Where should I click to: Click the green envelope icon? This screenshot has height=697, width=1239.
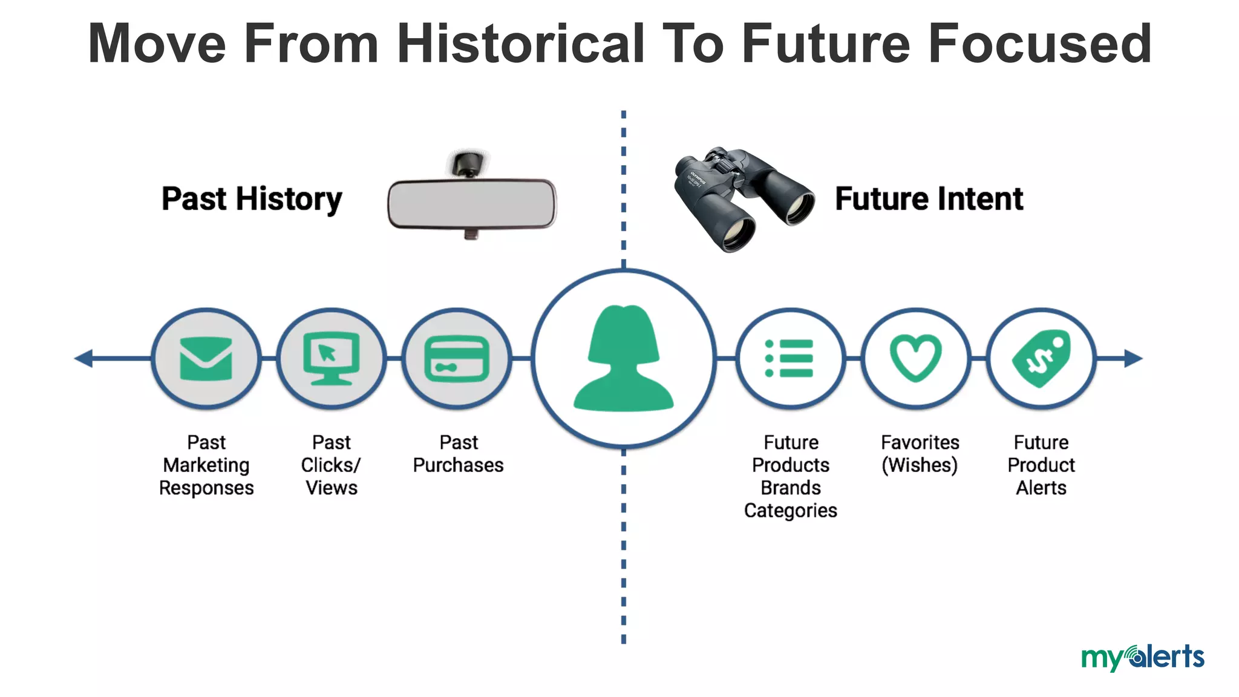pos(206,359)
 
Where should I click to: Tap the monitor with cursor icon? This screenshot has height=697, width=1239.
pos(332,358)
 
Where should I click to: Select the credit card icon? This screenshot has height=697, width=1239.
pos(457,359)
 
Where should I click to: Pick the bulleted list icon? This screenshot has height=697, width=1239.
pos(789,359)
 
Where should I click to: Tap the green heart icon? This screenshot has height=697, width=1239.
pos(915,359)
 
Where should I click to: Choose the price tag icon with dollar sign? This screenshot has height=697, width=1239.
pos(1041,359)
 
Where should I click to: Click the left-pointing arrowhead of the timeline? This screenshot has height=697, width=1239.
pos(84,358)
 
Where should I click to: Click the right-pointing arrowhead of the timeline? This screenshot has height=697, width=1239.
pos(1133,358)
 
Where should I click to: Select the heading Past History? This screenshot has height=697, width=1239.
pos(252,200)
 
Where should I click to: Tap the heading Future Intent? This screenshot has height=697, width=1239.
pos(929,199)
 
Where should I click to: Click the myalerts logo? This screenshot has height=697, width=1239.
pos(1142,658)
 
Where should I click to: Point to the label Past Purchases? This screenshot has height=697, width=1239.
pos(458,454)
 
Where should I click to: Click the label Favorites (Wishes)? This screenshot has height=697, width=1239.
pos(920,454)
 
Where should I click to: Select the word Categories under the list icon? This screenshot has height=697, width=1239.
pos(790,511)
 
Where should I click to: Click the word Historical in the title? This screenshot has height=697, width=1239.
pos(521,44)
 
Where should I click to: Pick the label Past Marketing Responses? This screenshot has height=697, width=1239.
pos(206,465)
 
